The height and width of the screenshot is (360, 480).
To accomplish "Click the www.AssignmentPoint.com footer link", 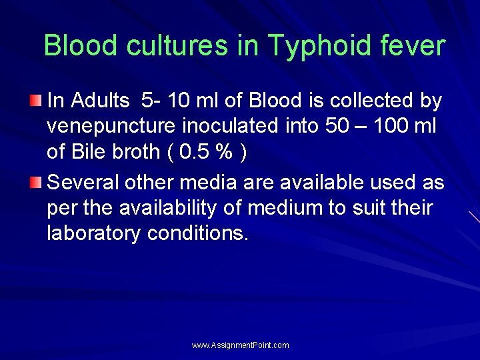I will pyautogui.click(x=241, y=345).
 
